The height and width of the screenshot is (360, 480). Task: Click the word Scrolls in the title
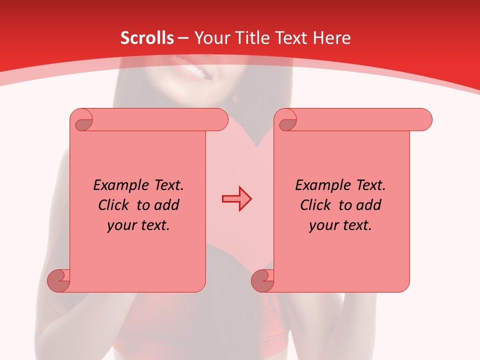147,38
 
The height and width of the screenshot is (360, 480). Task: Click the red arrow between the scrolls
236,198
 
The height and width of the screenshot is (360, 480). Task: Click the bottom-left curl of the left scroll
58,280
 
